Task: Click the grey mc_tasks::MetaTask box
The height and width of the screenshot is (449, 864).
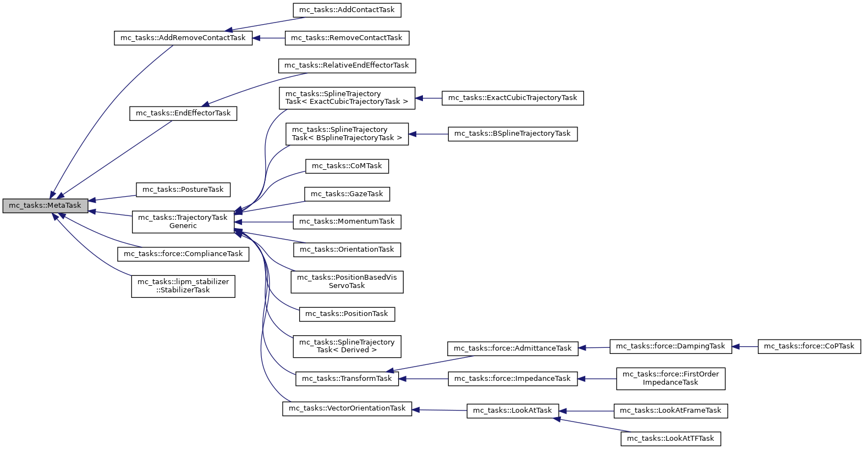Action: tap(45, 206)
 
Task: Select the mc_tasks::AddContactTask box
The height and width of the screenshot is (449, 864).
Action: tap(346, 10)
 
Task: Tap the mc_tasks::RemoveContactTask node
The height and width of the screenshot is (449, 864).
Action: tap(346, 38)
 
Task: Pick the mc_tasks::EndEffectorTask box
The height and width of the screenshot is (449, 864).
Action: tap(183, 113)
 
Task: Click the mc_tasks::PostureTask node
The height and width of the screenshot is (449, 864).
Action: tap(183, 190)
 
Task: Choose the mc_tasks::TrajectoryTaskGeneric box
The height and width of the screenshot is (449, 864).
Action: tap(183, 221)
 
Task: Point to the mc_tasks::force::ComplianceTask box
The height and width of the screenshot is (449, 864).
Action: tap(183, 254)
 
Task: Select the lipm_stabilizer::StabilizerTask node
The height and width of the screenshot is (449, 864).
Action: tap(183, 286)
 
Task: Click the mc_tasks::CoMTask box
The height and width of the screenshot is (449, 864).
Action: tap(346, 166)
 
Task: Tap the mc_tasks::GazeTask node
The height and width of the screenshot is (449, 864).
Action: tap(346, 194)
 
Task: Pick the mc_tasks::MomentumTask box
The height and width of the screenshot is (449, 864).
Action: tap(346, 221)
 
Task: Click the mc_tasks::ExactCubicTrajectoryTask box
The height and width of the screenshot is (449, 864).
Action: tap(513, 98)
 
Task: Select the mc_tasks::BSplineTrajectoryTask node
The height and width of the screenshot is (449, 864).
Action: tap(513, 134)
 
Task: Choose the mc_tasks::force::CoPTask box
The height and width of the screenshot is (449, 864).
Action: tap(808, 346)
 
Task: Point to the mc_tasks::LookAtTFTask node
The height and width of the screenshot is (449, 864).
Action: tap(670, 439)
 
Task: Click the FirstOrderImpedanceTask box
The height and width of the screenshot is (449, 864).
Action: tap(670, 378)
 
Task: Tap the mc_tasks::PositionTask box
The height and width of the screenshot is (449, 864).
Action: tap(346, 314)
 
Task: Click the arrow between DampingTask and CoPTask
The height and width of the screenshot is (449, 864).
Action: tap(745, 347)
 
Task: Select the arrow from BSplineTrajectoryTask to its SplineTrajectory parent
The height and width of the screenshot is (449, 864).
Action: tap(428, 134)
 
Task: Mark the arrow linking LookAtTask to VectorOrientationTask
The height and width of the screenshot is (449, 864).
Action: tap(439, 410)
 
